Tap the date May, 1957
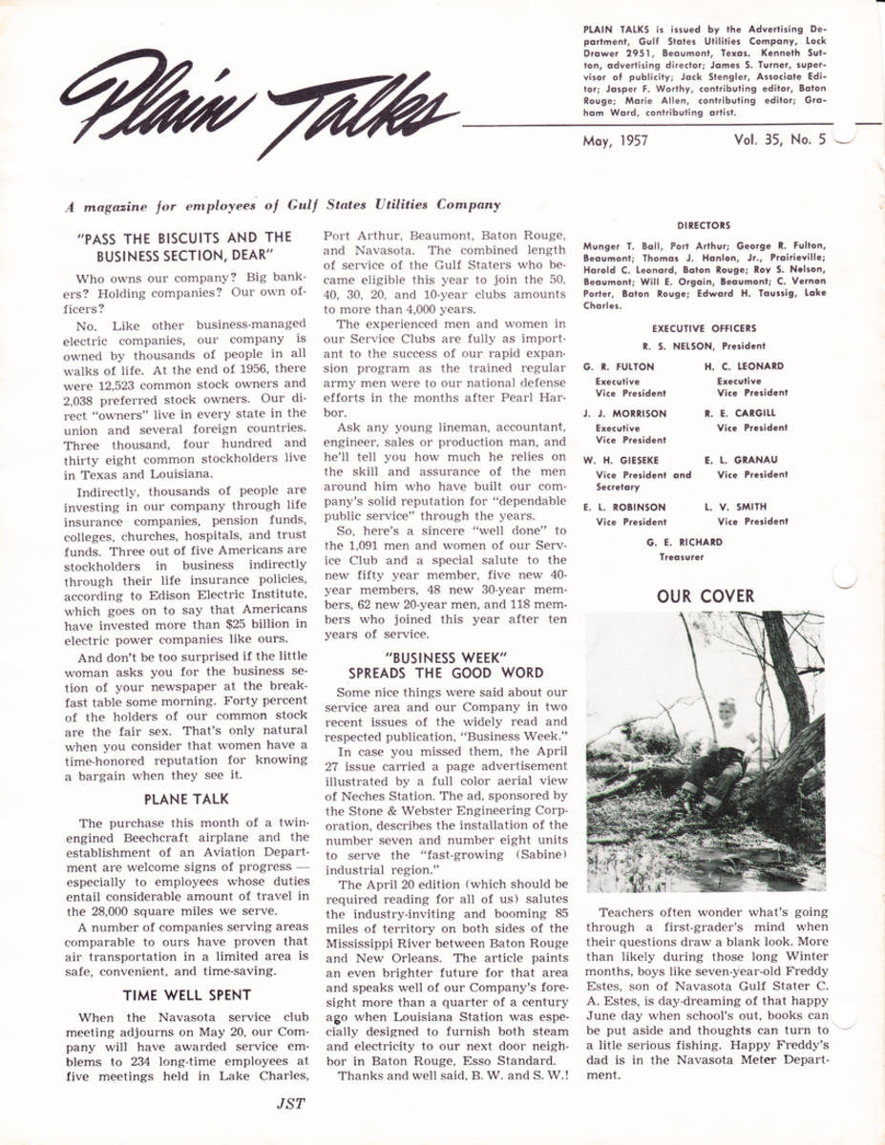click(615, 140)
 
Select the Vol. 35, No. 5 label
click(779, 139)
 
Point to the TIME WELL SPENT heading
click(187, 995)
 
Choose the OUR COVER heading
click(705, 596)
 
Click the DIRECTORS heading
click(704, 226)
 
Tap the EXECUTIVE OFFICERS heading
click(704, 328)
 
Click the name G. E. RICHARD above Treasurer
click(684, 542)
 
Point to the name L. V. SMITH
click(735, 507)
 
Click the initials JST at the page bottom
click(290, 1104)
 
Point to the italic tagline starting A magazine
click(282, 204)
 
